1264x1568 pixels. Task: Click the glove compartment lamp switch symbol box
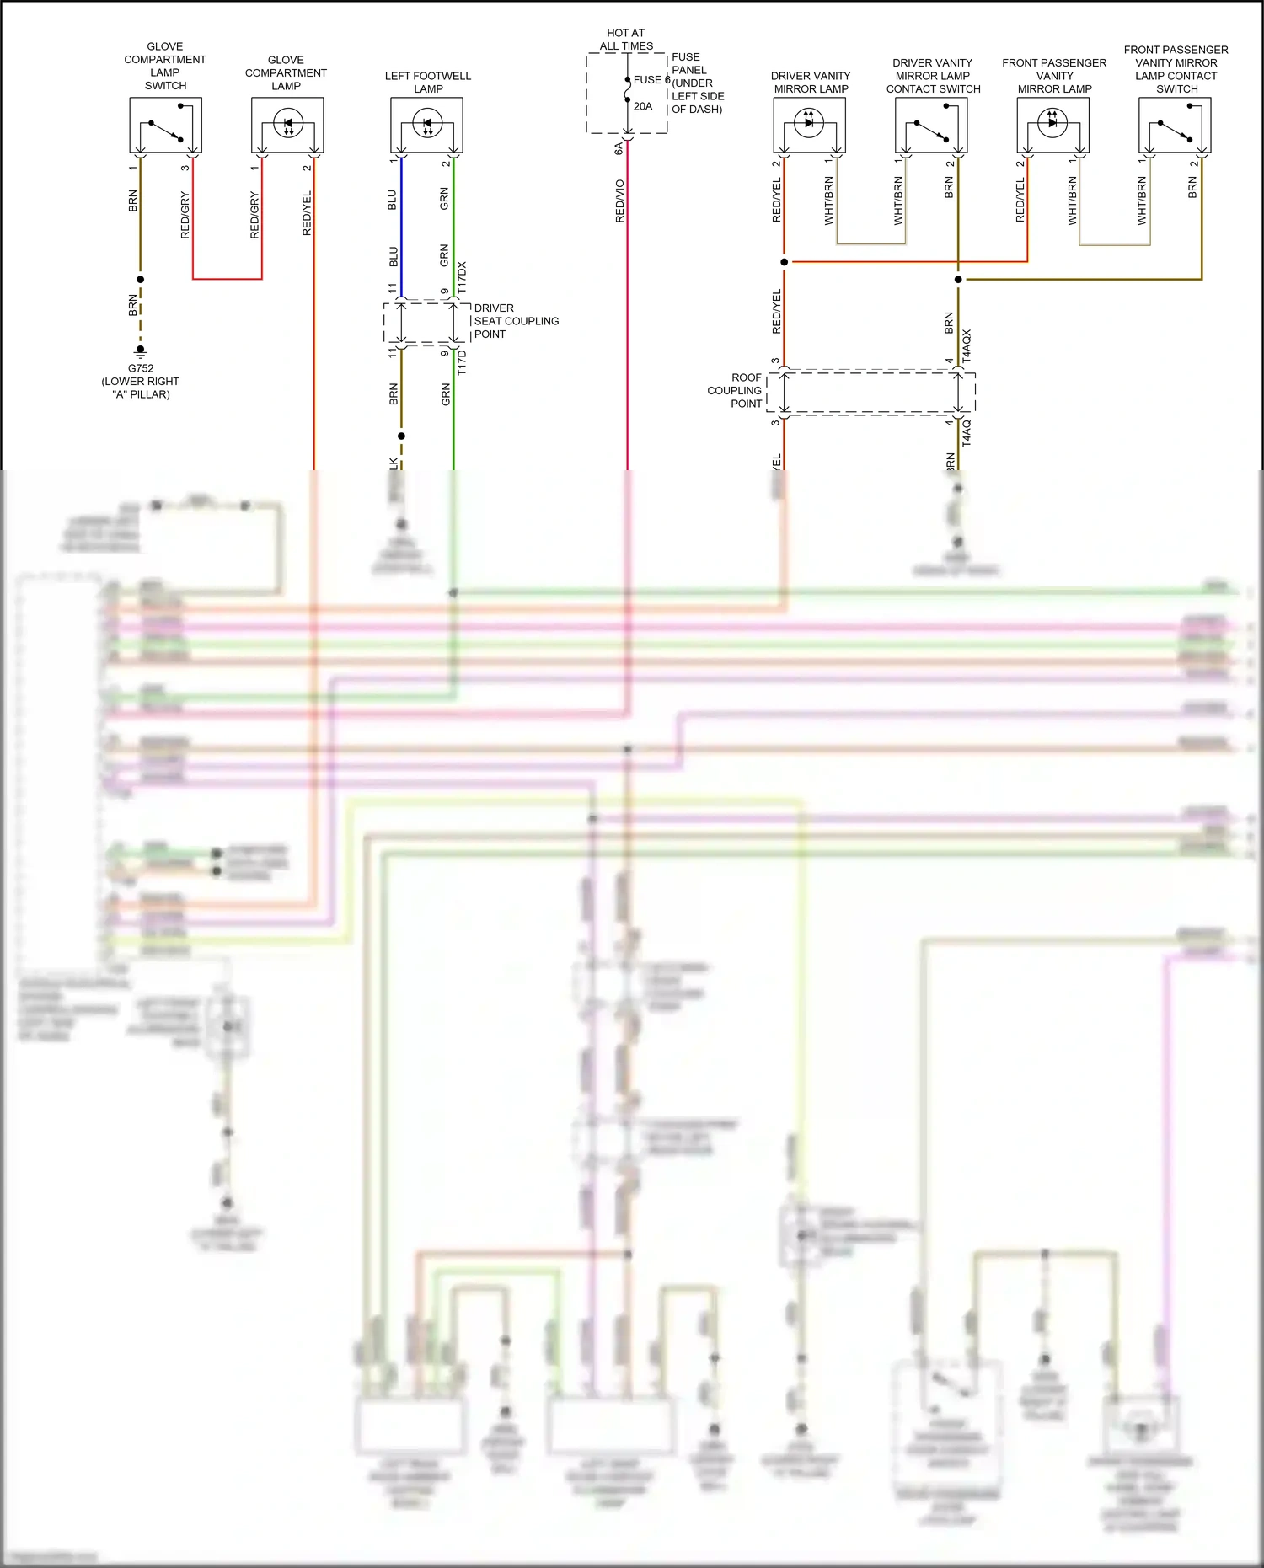[x=165, y=125]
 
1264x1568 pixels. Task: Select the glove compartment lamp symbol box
[x=287, y=125]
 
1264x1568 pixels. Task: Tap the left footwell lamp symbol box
[x=426, y=125]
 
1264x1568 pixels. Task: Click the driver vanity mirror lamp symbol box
[x=810, y=125]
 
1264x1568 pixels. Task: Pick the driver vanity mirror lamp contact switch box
[x=931, y=125]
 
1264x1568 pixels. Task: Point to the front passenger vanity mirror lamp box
[x=1053, y=125]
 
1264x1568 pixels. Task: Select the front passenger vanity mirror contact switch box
[x=1175, y=125]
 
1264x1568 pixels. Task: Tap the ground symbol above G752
[x=141, y=351]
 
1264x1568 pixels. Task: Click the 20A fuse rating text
[x=643, y=106]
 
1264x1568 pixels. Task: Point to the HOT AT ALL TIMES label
[x=626, y=40]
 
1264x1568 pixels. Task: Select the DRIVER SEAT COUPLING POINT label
[x=516, y=321]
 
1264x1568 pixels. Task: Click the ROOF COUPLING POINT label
[x=735, y=390]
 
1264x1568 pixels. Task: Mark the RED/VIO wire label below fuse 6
[x=620, y=201]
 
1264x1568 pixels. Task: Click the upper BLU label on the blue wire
[x=392, y=200]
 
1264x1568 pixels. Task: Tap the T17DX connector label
[x=462, y=277]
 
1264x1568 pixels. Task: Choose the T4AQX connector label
[x=967, y=345]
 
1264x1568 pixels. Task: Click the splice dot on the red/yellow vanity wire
[x=785, y=262]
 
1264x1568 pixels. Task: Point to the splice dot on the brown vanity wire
[x=958, y=279]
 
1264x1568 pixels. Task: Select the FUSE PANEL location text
[x=696, y=83]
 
